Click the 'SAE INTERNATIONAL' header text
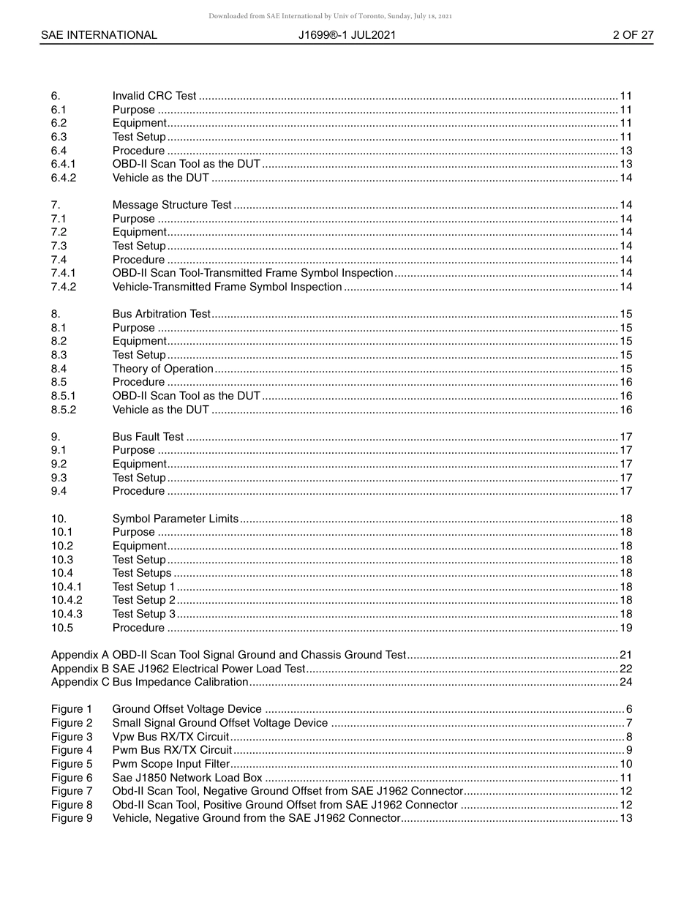click(99, 35)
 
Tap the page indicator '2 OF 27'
click(633, 35)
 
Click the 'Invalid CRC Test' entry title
click(154, 96)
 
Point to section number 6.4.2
click(64, 178)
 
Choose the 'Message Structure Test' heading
click(172, 205)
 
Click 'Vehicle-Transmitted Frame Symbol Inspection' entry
click(227, 287)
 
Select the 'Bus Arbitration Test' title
click(161, 314)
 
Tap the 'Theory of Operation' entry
click(162, 369)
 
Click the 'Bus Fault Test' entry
click(148, 437)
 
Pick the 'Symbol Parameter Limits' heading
click(175, 519)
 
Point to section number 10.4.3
click(67, 614)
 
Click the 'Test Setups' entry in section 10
click(141, 573)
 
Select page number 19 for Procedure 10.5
click(625, 628)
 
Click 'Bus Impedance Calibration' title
click(181, 682)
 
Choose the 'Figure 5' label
click(72, 764)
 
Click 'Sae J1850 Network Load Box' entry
click(187, 778)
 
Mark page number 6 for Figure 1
click(629, 709)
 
